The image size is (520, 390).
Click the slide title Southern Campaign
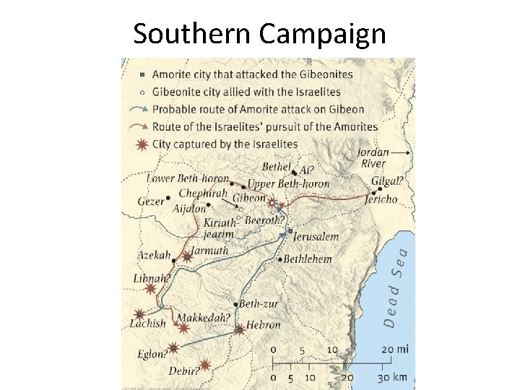[259, 33]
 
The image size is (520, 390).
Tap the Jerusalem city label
[316, 236]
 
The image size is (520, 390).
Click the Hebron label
[263, 325]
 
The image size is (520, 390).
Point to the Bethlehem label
[308, 259]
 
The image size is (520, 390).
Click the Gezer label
[151, 201]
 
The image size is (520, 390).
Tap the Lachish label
[147, 324]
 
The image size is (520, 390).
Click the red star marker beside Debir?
[205, 365]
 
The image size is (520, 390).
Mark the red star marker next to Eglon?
[173, 347]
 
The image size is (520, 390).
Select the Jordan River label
[374, 158]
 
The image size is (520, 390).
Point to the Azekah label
[155, 256]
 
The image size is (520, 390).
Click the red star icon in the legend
[143, 143]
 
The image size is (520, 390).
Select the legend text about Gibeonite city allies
[246, 92]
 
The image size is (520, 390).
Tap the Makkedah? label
[204, 318]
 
